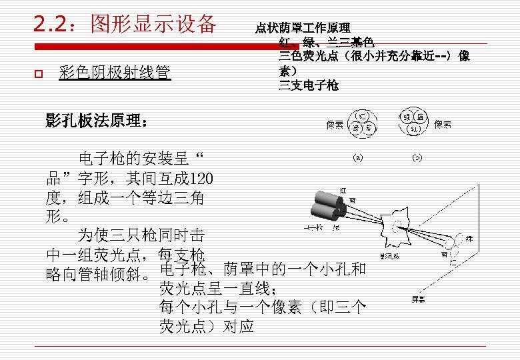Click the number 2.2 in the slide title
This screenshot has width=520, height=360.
tap(51, 24)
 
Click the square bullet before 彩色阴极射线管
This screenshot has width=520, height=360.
tap(38, 73)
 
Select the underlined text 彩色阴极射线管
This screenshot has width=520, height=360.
tap(115, 72)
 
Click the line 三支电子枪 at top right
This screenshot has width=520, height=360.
tap(309, 85)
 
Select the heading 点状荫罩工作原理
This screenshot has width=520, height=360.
tap(303, 28)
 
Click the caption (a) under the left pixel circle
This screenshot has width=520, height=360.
tap(358, 158)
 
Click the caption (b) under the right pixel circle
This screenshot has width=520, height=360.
tap(417, 158)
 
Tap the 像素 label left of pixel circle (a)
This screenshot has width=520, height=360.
tap(335, 124)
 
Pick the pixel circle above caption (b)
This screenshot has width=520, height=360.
tap(414, 122)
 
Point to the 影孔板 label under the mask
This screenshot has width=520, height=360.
tap(389, 255)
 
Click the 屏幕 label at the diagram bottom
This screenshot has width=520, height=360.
tap(418, 299)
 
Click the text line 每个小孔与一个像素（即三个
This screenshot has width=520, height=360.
tap(263, 307)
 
